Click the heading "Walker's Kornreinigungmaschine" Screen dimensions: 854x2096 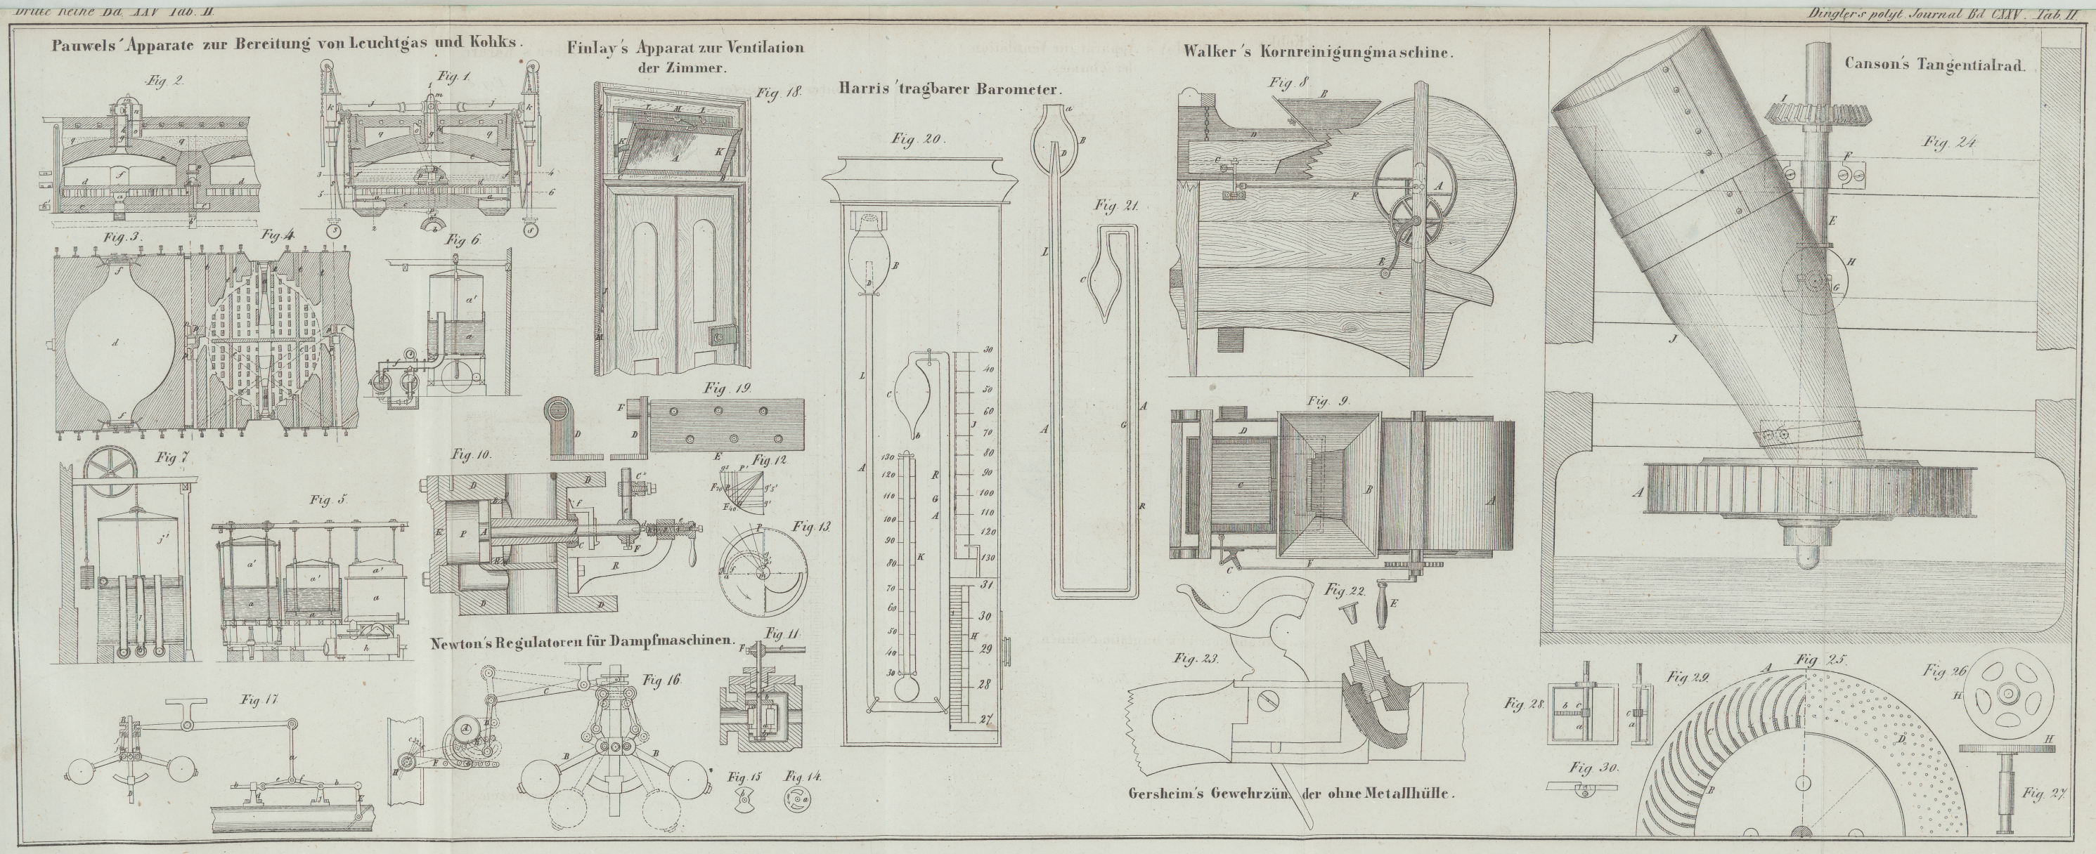coord(1319,52)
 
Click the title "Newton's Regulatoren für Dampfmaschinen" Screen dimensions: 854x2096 coord(583,639)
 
